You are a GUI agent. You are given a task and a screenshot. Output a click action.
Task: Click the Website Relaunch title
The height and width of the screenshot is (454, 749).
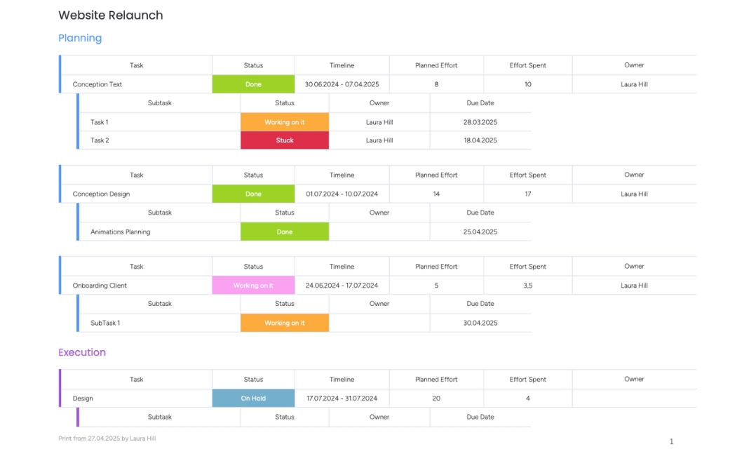110,15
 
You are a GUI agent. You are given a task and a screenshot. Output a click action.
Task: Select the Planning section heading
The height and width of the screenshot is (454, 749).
80,38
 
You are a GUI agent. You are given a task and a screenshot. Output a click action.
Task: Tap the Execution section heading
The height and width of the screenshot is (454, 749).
82,352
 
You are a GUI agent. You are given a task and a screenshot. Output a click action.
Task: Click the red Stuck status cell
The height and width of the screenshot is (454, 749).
285,140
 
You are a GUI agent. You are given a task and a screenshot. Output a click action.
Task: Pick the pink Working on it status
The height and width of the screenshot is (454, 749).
253,286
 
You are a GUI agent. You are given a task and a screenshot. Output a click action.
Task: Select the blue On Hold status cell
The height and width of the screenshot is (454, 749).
253,398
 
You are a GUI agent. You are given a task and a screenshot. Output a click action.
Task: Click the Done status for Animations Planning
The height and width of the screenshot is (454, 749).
285,232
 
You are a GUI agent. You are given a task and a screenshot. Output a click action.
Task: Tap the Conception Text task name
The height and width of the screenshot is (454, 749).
97,84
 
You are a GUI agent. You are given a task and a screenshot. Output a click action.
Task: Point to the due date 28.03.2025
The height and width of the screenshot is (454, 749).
480,122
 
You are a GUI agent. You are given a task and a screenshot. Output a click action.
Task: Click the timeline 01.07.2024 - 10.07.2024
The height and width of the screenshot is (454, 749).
342,194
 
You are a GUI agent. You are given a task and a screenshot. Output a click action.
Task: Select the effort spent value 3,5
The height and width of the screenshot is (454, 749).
527,286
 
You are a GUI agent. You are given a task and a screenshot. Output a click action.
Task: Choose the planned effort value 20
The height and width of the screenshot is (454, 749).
436,398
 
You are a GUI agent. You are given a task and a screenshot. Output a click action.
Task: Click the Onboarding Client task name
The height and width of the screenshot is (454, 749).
100,286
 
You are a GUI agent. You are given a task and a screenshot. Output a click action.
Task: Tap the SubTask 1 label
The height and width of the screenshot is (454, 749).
105,323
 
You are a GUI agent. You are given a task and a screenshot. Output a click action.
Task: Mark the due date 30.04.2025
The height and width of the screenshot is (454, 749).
480,323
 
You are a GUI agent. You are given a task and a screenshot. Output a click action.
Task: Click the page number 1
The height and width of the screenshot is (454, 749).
671,441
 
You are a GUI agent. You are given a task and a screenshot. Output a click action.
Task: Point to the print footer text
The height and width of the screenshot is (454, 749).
107,439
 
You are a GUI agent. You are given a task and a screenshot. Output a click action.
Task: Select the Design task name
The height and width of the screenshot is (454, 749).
83,398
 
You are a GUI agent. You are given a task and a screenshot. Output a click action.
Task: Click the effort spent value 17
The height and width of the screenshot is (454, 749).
527,194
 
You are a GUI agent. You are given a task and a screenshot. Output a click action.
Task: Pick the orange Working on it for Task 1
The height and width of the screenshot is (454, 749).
285,122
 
